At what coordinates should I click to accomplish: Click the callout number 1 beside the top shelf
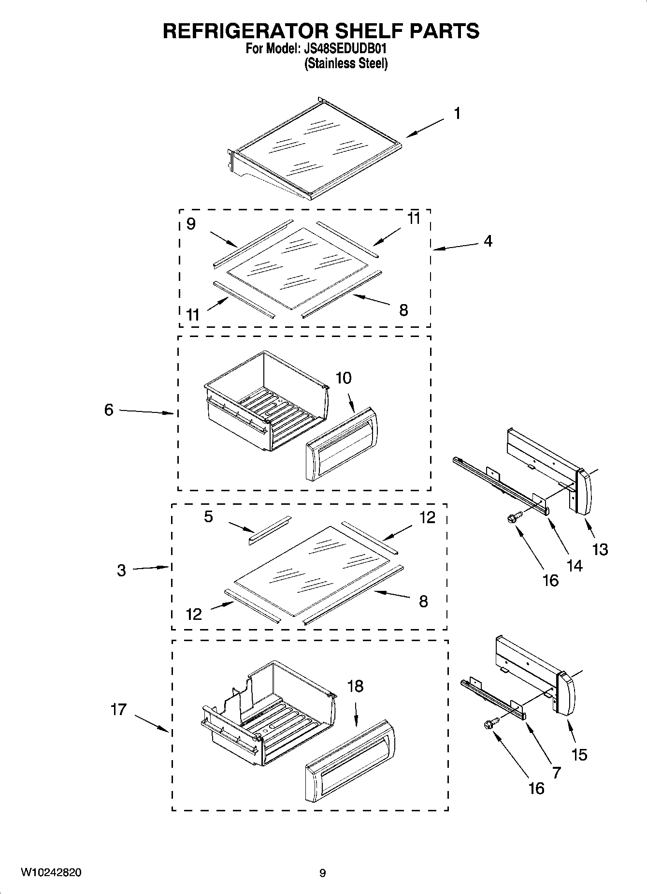click(457, 114)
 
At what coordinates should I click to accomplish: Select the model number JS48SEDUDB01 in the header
click(346, 49)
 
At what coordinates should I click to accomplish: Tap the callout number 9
click(191, 224)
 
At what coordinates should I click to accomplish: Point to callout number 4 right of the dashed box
click(488, 241)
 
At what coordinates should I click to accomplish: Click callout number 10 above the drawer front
click(344, 378)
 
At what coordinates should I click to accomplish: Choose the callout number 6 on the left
click(109, 410)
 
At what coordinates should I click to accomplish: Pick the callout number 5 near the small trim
click(208, 517)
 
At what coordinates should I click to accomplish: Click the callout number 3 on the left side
click(121, 571)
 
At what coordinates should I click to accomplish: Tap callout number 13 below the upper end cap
click(600, 549)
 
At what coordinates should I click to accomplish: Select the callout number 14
click(574, 565)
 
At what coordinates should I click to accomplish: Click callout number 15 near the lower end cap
click(579, 754)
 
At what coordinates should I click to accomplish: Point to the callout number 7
click(556, 773)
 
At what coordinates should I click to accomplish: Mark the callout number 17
click(118, 709)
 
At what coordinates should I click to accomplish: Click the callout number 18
click(355, 686)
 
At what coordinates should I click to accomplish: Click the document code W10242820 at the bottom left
click(50, 873)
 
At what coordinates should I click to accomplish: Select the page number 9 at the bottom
click(323, 873)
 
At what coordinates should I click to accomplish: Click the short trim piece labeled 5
click(270, 530)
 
